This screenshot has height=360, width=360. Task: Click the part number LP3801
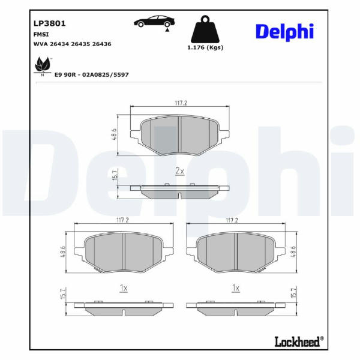click(49, 23)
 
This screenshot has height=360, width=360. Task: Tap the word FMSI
click(41, 34)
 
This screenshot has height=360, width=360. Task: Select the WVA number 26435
click(80, 44)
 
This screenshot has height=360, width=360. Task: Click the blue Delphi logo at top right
click(284, 32)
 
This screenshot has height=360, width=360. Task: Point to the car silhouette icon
click(154, 22)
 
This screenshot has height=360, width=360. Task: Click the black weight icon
click(205, 29)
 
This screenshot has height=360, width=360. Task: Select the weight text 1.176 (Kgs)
click(205, 47)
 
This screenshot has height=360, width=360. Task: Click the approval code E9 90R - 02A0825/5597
click(91, 74)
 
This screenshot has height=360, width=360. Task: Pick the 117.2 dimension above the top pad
click(181, 103)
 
